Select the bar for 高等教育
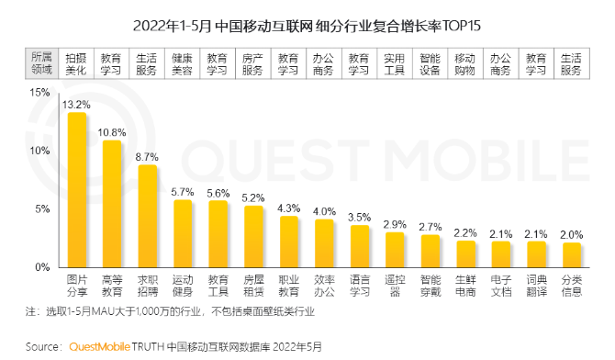click(x=112, y=204)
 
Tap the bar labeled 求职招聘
click(x=147, y=217)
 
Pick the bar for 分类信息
click(x=572, y=254)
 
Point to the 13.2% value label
click(x=75, y=105)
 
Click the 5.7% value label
click(x=183, y=192)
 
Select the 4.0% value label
click(x=324, y=211)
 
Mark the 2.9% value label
click(x=395, y=224)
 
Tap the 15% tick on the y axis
click(x=39, y=93)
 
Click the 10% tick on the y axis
click(x=39, y=151)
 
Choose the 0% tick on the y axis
click(x=43, y=267)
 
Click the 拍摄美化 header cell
click(x=76, y=62)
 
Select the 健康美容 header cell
click(x=183, y=62)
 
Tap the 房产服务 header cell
click(x=253, y=62)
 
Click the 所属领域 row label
click(x=41, y=62)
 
